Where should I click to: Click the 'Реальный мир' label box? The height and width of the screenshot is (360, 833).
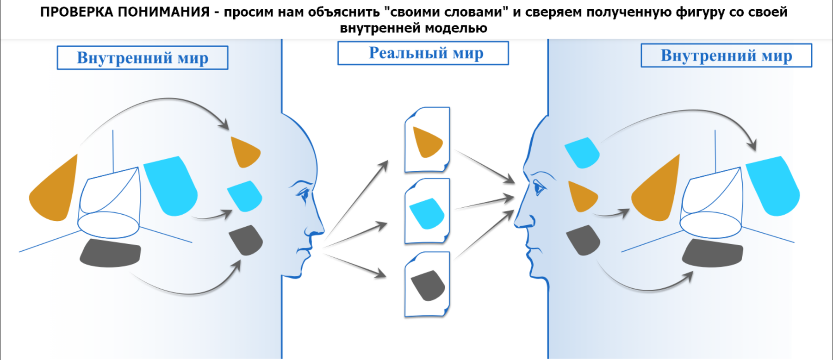(x=423, y=53)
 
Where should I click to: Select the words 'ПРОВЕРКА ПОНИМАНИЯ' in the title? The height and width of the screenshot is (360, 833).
(x=125, y=12)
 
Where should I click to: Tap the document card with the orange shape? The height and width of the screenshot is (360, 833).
(x=427, y=140)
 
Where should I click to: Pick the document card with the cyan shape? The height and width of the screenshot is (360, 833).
(x=427, y=211)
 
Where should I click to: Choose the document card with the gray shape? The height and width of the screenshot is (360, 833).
(x=427, y=284)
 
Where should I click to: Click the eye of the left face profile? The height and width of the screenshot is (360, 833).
(x=304, y=193)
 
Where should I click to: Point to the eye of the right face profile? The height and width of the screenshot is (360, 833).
(x=538, y=187)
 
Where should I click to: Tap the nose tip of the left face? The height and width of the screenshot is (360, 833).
(x=323, y=230)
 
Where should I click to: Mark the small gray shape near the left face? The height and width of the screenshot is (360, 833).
(x=247, y=240)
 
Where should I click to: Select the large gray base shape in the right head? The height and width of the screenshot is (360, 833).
(x=713, y=253)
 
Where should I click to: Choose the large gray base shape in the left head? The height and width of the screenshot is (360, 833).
(x=110, y=253)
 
